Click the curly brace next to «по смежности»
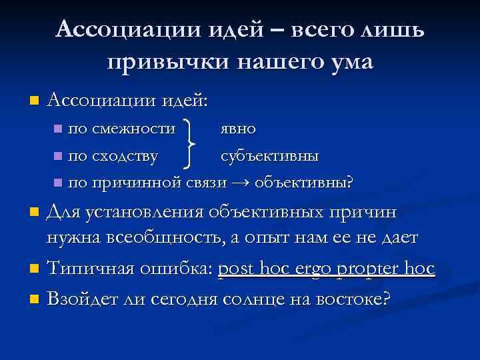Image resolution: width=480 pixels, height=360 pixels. click(x=191, y=143)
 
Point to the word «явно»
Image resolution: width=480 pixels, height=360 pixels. click(x=238, y=127)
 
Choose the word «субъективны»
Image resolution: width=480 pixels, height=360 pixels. click(x=270, y=156)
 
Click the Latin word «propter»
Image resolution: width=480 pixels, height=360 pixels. click(x=370, y=269)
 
